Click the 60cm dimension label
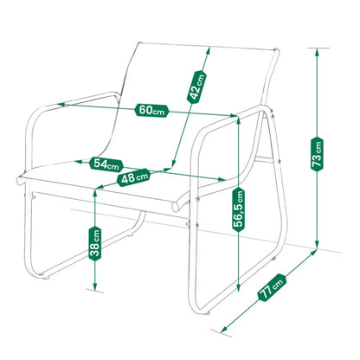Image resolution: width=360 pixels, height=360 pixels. (151, 110)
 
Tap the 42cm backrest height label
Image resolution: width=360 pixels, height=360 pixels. (197, 87)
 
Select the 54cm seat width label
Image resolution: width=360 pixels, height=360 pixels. (106, 164)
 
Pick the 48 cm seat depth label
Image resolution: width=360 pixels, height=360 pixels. (134, 177)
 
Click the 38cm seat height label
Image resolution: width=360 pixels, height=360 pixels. (95, 243)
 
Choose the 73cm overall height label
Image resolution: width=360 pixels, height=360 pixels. (317, 155)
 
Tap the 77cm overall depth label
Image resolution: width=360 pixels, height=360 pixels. (272, 287)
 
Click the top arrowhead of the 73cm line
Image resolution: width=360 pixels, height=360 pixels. (317, 52)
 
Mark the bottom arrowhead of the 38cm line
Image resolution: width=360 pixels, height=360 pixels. (94, 286)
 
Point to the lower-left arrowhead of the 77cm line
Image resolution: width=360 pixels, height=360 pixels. (223, 328)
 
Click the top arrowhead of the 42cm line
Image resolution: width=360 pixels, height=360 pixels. (208, 51)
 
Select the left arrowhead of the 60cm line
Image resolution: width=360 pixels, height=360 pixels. (61, 104)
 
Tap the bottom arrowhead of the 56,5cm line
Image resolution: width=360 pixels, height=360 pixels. (238, 288)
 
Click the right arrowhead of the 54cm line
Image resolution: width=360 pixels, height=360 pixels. (222, 179)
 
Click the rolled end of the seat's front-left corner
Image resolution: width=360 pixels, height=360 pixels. (20, 180)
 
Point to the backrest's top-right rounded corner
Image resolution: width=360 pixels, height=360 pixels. (276, 52)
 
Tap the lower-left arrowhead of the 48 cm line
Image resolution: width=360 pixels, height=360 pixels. (99, 188)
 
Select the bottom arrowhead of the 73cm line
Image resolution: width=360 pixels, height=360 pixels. (317, 245)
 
